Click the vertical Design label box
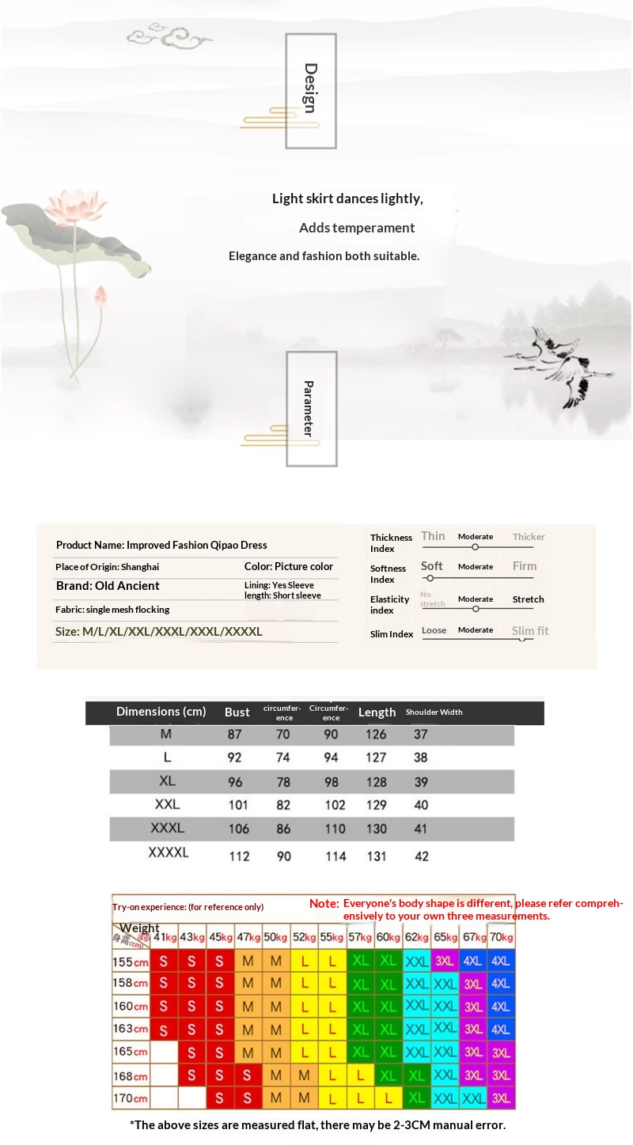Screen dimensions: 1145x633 311,90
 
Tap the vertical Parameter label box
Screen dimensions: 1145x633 311,408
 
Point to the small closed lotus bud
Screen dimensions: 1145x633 100,297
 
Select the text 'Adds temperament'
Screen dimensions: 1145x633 357,228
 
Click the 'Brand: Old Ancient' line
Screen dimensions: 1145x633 108,586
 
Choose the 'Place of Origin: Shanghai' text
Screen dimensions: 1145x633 107,567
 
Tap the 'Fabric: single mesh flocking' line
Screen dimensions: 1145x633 112,610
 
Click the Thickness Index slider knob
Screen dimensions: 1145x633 475,547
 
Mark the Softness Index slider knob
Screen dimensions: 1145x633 430,578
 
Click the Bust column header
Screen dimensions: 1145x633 237,712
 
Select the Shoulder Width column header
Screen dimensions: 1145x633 434,712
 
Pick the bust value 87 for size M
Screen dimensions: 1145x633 235,735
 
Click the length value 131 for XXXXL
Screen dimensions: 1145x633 377,856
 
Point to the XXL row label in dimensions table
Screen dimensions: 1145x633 168,805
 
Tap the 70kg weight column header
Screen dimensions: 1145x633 501,937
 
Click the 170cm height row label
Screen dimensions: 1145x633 131,1098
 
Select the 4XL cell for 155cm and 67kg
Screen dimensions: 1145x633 473,962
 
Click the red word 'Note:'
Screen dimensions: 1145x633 324,903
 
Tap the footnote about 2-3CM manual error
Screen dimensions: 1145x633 316,1125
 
